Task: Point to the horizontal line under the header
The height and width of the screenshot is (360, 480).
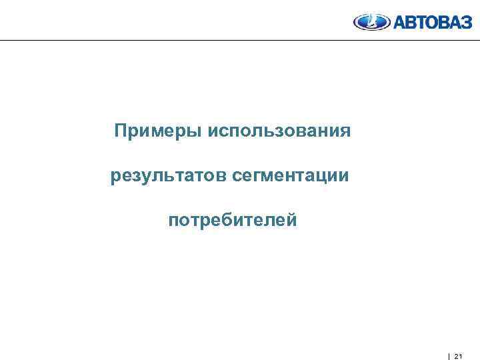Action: (x=240, y=41)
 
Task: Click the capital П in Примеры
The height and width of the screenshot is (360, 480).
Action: (x=120, y=129)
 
